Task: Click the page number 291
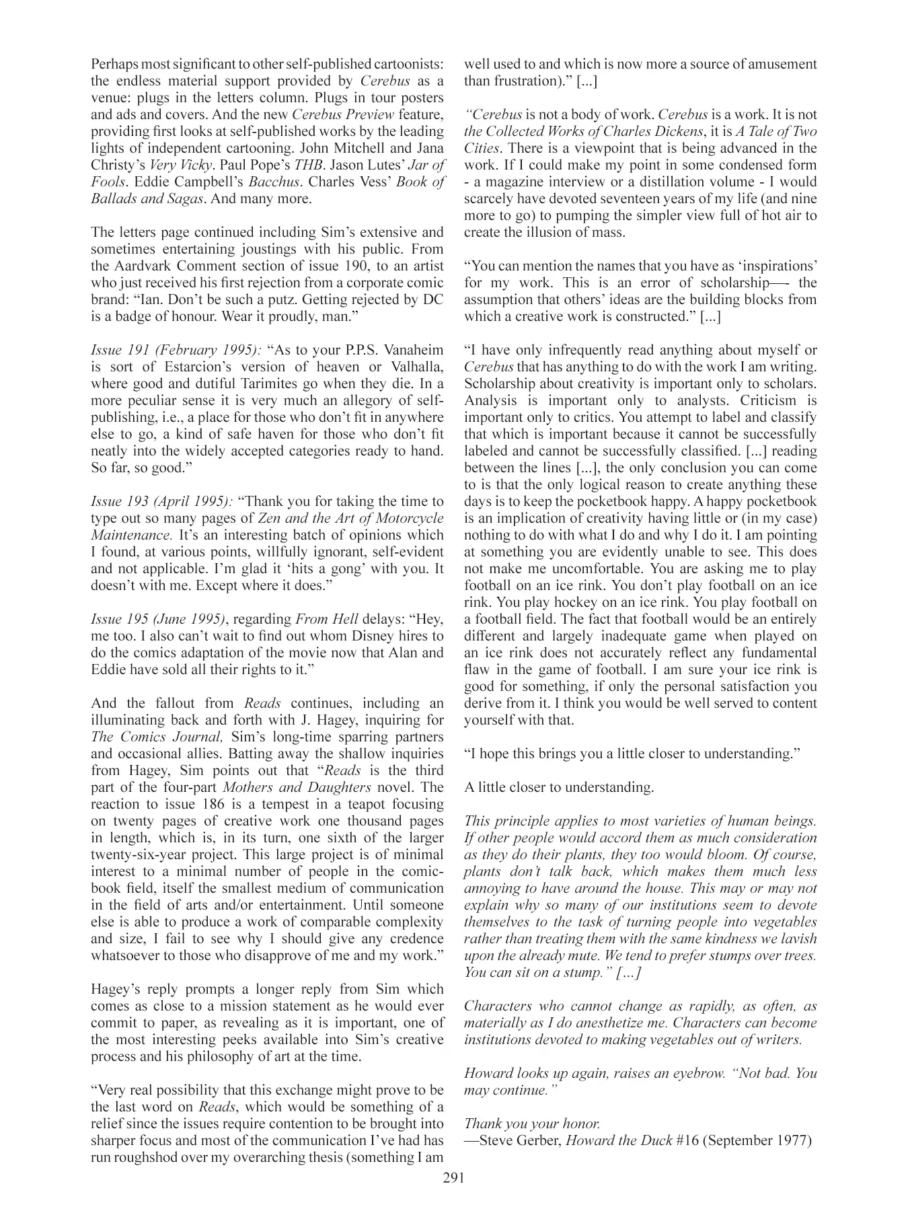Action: point(454,1177)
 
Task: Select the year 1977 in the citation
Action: point(794,1140)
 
